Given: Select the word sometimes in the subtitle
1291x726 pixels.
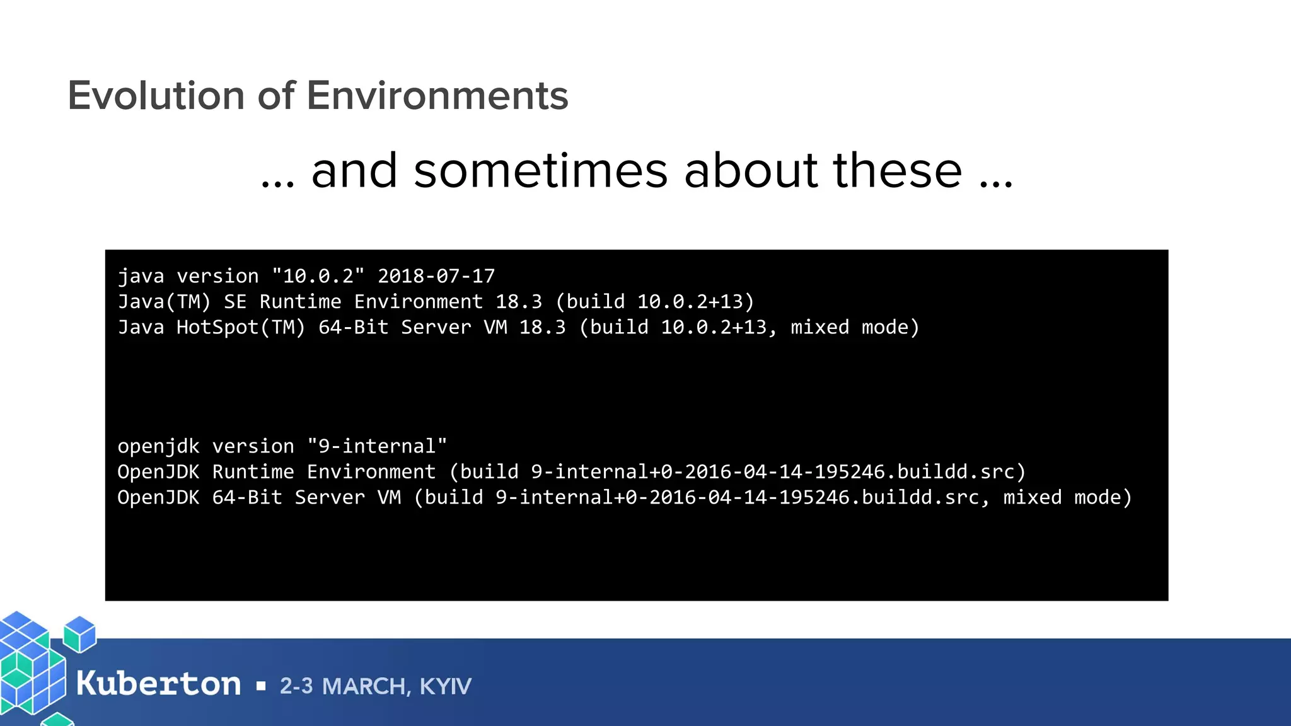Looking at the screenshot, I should [540, 171].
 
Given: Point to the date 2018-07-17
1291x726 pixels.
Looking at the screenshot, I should [436, 276].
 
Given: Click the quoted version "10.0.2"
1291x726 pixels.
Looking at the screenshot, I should [318, 276].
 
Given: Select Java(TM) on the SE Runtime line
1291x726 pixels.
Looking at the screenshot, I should [164, 302].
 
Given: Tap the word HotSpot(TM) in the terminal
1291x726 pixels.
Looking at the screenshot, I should [241, 328].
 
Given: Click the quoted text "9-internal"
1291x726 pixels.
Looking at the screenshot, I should [377, 446].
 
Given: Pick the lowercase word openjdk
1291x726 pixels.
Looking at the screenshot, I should [158, 446].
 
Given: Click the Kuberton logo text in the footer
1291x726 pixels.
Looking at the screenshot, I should [158, 684].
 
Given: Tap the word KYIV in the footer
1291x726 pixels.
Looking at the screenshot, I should [445, 686].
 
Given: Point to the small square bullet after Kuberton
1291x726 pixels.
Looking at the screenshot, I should [261, 686].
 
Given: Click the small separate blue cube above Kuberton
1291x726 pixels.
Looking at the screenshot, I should [80, 633].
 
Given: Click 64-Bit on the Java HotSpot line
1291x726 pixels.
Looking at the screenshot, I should [353, 328].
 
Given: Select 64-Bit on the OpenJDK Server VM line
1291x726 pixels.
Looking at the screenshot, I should [247, 498].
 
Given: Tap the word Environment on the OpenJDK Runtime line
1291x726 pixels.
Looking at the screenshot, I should [371, 472].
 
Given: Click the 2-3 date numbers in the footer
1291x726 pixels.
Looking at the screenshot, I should [296, 686].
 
